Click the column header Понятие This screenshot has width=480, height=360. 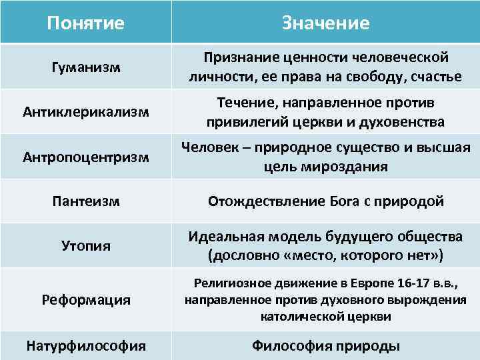(x=85, y=23)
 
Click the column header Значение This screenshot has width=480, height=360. (x=325, y=23)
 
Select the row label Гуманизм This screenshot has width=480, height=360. (x=85, y=67)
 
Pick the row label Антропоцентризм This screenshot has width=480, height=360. (x=85, y=157)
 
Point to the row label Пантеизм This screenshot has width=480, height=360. (x=85, y=201)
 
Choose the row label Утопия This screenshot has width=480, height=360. (x=85, y=246)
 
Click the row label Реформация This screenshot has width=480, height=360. (x=85, y=301)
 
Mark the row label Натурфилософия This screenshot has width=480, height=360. (x=85, y=346)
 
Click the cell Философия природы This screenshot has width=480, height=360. (x=325, y=346)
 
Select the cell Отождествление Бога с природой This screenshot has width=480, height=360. (x=325, y=201)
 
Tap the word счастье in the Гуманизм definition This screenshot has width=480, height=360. (x=437, y=77)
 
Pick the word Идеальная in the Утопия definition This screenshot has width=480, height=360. (x=224, y=237)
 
